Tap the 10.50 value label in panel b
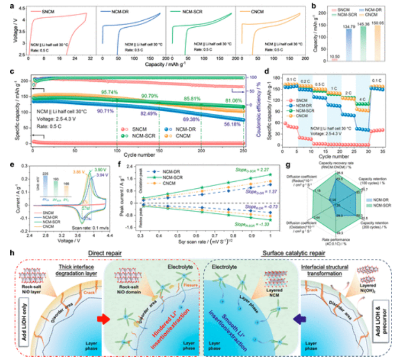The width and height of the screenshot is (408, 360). (335, 57)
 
